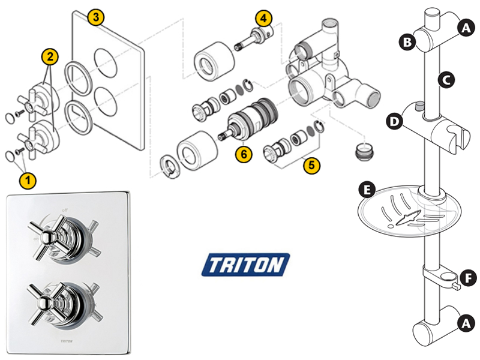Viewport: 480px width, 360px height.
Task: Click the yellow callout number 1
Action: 27,179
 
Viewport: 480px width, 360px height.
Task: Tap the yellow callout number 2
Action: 49,58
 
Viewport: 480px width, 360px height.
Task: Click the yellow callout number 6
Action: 243,154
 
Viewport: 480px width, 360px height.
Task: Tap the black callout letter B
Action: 407,42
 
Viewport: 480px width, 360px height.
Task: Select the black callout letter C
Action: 445,78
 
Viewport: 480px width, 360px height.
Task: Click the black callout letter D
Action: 394,122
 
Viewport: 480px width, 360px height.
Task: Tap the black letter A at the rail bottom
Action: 463,323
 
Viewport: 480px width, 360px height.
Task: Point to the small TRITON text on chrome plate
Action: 67,342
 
